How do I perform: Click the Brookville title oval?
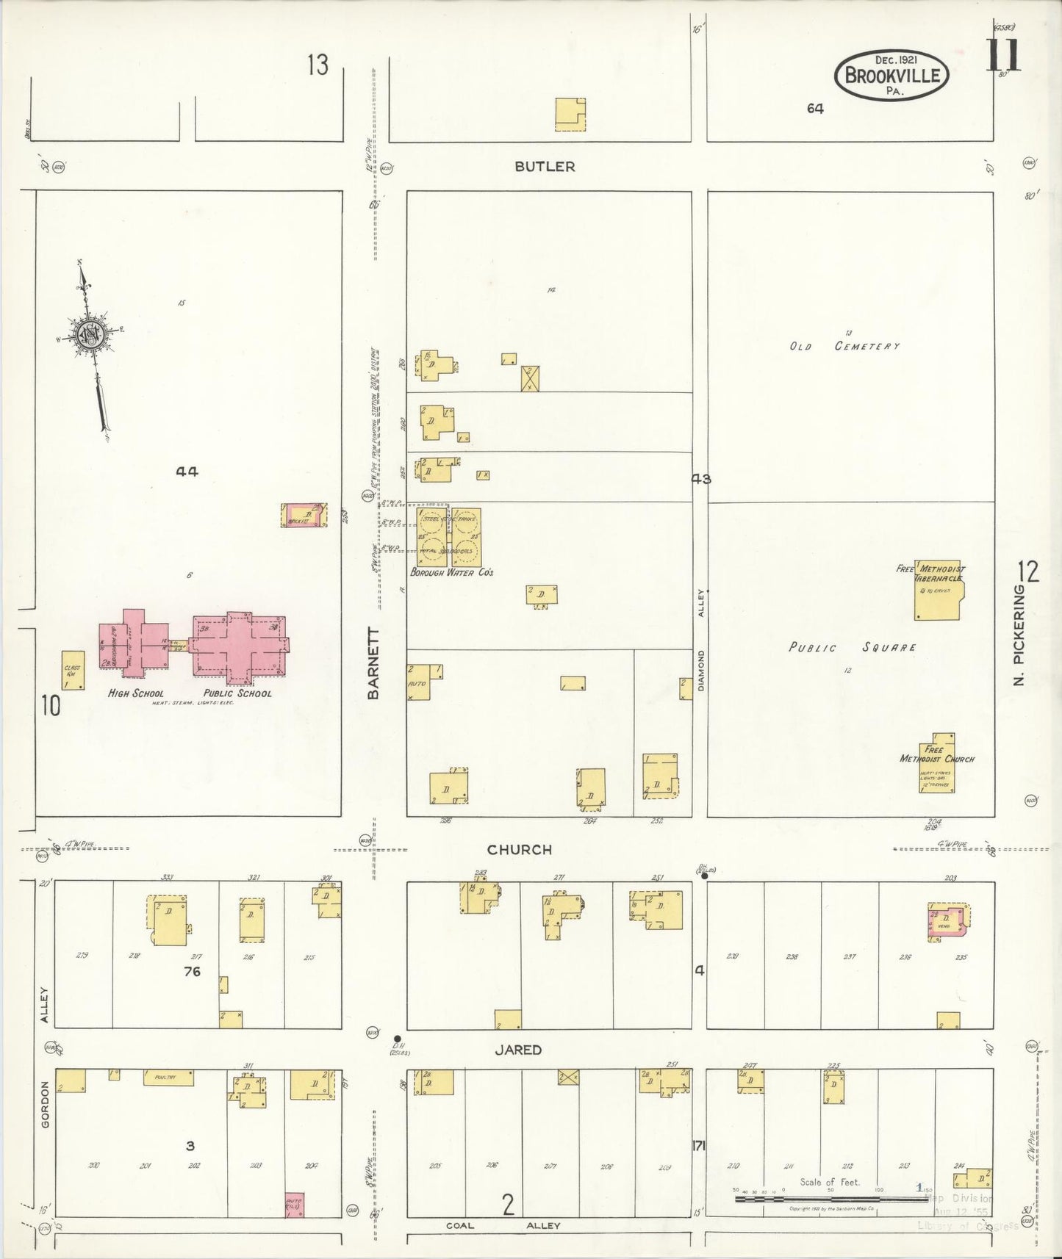click(x=891, y=76)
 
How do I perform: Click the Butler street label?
click(x=545, y=167)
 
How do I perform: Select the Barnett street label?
click(x=373, y=663)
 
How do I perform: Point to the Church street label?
click(x=520, y=849)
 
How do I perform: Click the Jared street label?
click(x=518, y=1050)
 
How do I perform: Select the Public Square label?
click(x=852, y=648)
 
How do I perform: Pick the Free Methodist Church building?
click(x=937, y=764)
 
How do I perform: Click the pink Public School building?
click(x=239, y=644)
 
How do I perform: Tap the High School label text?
click(x=136, y=693)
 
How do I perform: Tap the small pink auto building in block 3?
click(x=294, y=1205)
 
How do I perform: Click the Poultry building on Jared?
click(x=168, y=1078)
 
